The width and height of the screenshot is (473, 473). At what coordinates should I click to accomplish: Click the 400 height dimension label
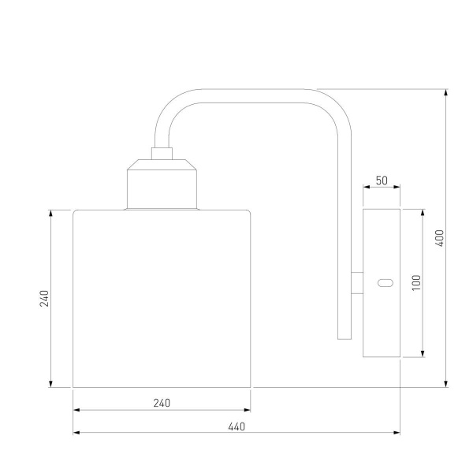click(x=441, y=238)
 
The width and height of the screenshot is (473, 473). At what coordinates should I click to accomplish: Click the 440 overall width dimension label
click(x=236, y=426)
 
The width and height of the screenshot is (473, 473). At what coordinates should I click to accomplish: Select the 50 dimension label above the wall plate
click(x=382, y=181)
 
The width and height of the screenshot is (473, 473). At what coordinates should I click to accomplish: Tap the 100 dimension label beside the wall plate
click(x=416, y=283)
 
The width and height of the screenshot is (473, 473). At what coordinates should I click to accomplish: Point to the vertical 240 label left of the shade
click(x=44, y=298)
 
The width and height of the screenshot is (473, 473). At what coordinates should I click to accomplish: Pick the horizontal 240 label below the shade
click(x=162, y=403)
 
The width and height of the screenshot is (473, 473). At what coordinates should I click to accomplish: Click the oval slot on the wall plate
click(x=385, y=283)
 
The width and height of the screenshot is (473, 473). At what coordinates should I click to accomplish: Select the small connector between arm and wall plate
click(x=357, y=283)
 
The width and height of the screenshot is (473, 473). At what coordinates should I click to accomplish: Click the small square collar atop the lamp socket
click(x=162, y=154)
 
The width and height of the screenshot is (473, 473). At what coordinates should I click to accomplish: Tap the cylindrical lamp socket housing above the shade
click(x=162, y=184)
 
